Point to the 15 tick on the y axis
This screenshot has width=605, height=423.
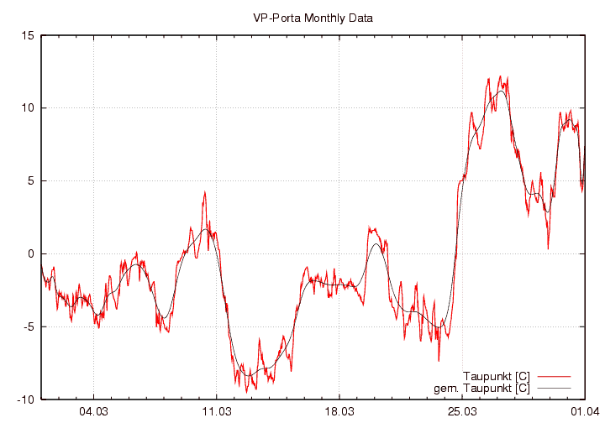click(x=28, y=35)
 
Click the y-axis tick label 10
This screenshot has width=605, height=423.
click(x=28, y=108)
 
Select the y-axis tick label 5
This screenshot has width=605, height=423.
click(x=30, y=181)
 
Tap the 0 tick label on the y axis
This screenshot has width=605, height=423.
click(x=30, y=253)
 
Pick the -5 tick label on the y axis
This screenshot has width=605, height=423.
click(x=28, y=326)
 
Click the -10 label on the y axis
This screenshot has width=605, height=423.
click(x=25, y=399)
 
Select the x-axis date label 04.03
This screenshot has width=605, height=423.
click(x=93, y=412)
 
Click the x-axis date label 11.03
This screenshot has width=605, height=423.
click(x=217, y=412)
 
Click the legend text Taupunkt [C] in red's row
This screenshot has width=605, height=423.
click(x=496, y=375)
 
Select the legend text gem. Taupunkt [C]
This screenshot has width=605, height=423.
click(x=487, y=388)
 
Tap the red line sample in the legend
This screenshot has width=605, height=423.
click(x=554, y=375)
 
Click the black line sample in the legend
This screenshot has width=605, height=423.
click(x=554, y=388)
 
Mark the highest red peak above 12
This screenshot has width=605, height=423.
click(x=500, y=76)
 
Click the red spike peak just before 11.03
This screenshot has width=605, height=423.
click(x=204, y=192)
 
